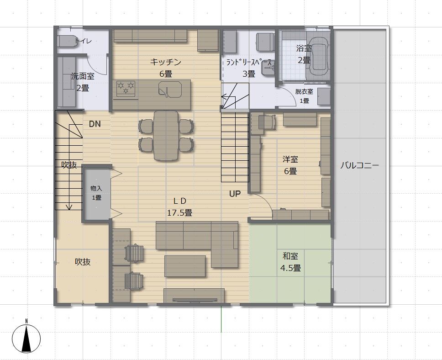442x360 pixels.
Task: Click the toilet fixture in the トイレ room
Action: (x=67, y=42)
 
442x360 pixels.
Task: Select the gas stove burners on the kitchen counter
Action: (x=126, y=87)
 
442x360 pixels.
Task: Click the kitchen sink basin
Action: (x=169, y=90)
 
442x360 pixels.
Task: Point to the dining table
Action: (x=166, y=136)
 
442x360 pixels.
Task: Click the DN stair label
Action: (x=95, y=124)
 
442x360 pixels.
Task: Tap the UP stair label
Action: (x=235, y=194)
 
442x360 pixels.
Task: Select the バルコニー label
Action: (x=360, y=165)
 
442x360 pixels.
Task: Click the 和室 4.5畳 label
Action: (x=290, y=262)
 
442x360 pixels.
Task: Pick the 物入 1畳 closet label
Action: (x=96, y=193)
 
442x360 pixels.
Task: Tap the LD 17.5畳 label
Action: (x=179, y=207)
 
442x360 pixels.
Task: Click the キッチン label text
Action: (x=165, y=62)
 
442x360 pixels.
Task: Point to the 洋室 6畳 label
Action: (x=290, y=165)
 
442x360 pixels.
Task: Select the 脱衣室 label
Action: (x=304, y=92)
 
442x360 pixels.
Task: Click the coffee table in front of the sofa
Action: (x=185, y=266)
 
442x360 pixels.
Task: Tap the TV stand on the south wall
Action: (x=194, y=296)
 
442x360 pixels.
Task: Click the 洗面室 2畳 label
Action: (x=82, y=82)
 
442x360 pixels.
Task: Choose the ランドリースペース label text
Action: (x=249, y=63)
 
